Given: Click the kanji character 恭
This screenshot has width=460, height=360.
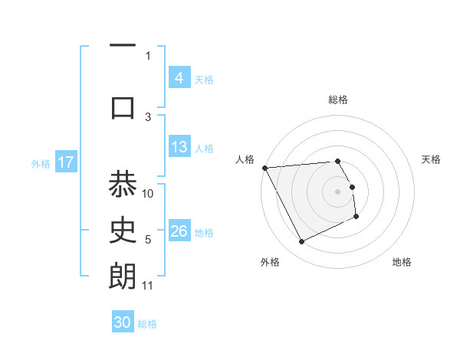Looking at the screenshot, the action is pos(123,185).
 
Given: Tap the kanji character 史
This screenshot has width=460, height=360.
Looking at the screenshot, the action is pos(123,229).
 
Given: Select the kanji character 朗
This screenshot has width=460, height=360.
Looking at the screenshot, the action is pos(123,277).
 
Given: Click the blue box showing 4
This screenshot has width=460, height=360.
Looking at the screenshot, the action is pos(179,78).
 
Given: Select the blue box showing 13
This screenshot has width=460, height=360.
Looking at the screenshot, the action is pos(179,147).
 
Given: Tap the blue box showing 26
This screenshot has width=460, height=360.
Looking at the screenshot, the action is pos(179,232).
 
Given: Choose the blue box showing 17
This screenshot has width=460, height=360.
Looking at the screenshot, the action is pos(65,162).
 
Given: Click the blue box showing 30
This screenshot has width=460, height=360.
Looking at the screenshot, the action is pos(123,322).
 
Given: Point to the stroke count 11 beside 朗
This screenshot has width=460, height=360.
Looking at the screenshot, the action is pos(148,286).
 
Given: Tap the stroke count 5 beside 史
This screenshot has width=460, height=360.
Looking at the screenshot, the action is pos(148,240).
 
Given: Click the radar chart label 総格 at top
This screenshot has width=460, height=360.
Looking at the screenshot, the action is pos(338,100).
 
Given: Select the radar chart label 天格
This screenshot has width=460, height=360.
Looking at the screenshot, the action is pos(432,159).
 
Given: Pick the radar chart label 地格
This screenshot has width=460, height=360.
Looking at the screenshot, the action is pos(402,262).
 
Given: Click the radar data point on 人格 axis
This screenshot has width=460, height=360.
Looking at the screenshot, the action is pos(264,168).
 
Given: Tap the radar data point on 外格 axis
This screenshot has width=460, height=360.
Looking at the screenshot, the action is pos(301,242).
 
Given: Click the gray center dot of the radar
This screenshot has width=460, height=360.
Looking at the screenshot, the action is pos(338,191).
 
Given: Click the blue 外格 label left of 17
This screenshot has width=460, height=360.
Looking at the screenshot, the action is pos(40,163).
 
